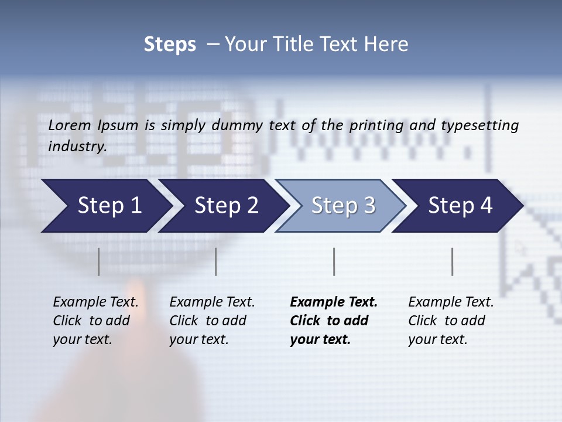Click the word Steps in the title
(x=170, y=45)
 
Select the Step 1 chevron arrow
(x=105, y=205)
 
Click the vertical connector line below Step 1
(x=99, y=261)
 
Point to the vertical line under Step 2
(x=216, y=261)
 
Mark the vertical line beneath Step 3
(x=334, y=261)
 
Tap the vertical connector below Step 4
(x=453, y=261)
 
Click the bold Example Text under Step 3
(x=334, y=302)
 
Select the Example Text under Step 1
(x=95, y=302)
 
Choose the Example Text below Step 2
(x=212, y=302)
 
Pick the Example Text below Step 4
(x=451, y=302)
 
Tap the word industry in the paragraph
(x=77, y=147)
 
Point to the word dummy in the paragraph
(x=237, y=125)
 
